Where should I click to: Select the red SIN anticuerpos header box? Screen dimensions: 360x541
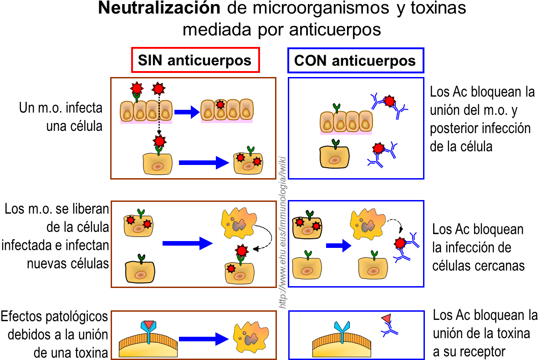[195, 60]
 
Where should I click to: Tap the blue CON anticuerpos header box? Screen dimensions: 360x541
[355, 60]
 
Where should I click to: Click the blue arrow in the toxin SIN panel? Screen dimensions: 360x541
[203, 339]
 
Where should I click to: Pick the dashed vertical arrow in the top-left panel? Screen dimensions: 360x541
[158, 114]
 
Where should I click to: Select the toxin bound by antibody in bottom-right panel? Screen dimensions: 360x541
[386, 318]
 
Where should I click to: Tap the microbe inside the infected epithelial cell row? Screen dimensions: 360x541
[220, 105]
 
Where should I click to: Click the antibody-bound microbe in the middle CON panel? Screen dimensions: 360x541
[400, 243]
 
